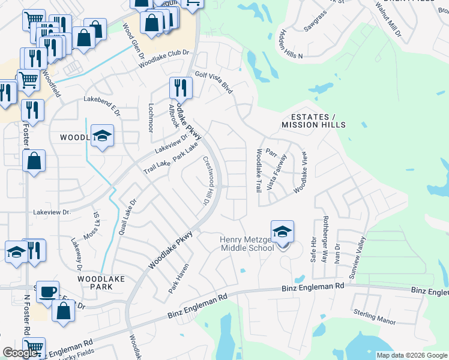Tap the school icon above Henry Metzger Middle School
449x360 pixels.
[x=283, y=231]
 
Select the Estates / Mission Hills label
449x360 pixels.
[x=314, y=120]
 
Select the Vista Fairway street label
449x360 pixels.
[x=277, y=172]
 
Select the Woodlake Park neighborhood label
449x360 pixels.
[x=95, y=283]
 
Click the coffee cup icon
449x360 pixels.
[x=47, y=291]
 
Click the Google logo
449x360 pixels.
[x=20, y=353]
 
